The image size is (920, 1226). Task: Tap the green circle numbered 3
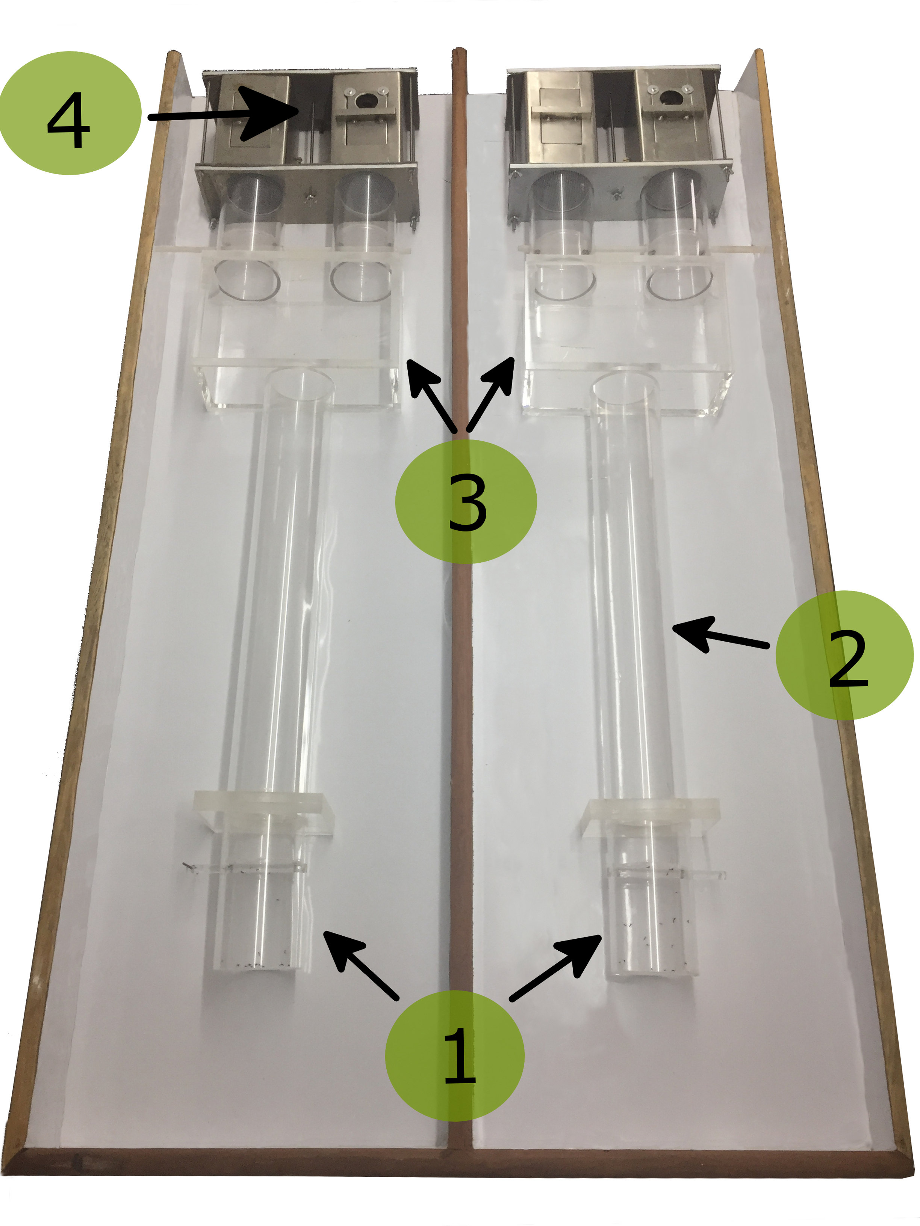pyautogui.click(x=466, y=501)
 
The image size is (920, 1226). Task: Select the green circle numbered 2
pyautogui.click(x=844, y=655)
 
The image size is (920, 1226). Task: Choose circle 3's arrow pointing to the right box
pyautogui.click(x=490, y=394)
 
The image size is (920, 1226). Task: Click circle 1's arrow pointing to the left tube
pyautogui.click(x=360, y=965)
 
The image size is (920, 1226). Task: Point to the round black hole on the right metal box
pyautogui.click(x=670, y=98)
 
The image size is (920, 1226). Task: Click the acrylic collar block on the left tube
pyautogui.click(x=264, y=814)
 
